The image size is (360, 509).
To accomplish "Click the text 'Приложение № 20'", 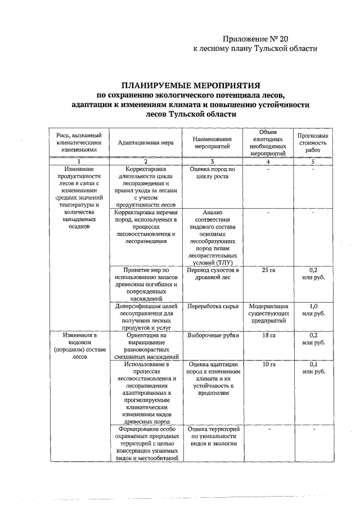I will [255, 38].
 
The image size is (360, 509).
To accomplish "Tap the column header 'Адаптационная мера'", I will [146, 143].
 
